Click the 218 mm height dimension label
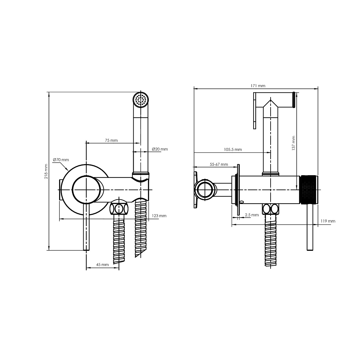[x=46, y=171]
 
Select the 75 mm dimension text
[x=111, y=140]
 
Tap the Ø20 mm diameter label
[x=160, y=149]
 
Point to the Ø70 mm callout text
[x=61, y=160]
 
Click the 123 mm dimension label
[x=159, y=216]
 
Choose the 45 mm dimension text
[x=102, y=265]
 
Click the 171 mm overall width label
[x=258, y=86]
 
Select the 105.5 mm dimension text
[x=233, y=149]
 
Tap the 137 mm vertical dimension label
[x=293, y=143]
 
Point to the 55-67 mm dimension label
[x=219, y=164]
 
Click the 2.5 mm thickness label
[x=252, y=215]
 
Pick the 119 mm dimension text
[x=328, y=221]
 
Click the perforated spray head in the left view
[x=141, y=100]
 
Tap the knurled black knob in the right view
[x=309, y=190]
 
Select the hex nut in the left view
[x=119, y=209]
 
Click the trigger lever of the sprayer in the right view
[x=255, y=111]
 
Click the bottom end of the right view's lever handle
[x=310, y=250]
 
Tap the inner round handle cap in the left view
[x=86, y=190]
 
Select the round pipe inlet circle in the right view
[x=205, y=190]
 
